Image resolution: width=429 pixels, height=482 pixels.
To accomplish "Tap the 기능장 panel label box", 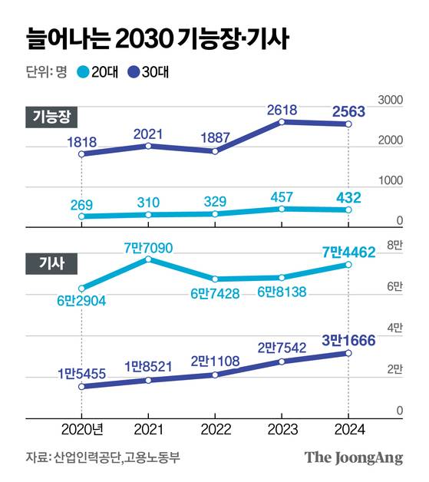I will (52, 116).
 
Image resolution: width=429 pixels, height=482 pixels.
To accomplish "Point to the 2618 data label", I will (282, 109).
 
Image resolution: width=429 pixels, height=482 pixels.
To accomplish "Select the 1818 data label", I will (81, 140).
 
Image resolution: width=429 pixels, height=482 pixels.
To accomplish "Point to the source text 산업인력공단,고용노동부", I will (118, 458).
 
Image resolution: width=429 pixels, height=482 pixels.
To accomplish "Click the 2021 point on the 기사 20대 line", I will (149, 259).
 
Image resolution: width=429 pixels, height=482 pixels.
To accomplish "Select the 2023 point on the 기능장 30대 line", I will (282, 122).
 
